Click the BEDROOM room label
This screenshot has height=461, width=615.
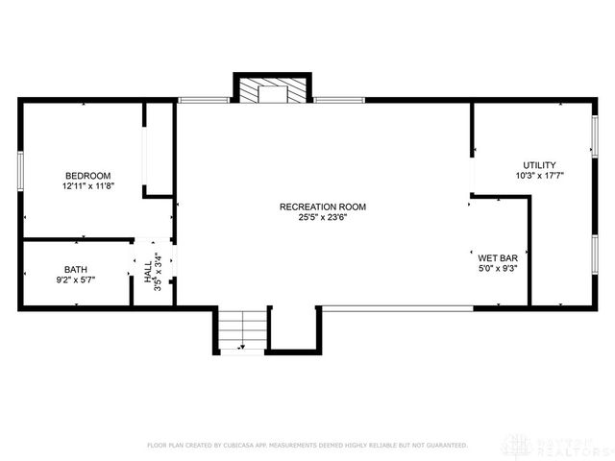87,175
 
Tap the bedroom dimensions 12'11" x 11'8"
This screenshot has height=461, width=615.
87,185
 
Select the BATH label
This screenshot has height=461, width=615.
75,269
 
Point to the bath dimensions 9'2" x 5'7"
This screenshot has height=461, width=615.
75,279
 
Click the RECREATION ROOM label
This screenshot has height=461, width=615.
322,206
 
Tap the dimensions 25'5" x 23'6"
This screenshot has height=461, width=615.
322,217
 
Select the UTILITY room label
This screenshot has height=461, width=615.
539,165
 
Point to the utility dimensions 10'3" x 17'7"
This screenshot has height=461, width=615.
539,176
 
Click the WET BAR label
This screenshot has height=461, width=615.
498,258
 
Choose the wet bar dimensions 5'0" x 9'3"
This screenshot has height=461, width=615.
498,269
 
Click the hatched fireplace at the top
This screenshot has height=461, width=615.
273,90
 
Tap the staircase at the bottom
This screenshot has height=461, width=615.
241,329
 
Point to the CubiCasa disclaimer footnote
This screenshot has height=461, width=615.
307,445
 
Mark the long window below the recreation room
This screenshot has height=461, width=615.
396,307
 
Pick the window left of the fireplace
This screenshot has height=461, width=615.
204,99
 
